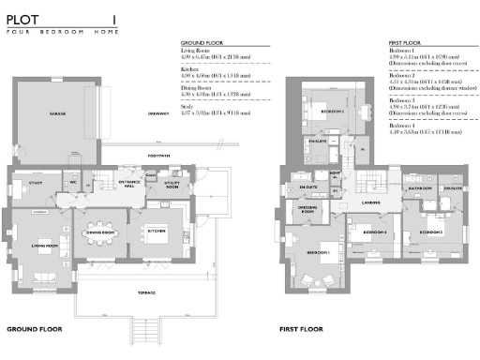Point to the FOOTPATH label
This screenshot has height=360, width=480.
[158, 155]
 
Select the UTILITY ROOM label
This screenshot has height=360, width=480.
[171, 185]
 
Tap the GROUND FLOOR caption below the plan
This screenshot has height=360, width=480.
[34, 330]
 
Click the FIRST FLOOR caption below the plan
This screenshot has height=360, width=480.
[301, 330]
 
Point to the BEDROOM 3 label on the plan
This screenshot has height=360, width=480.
[431, 231]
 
